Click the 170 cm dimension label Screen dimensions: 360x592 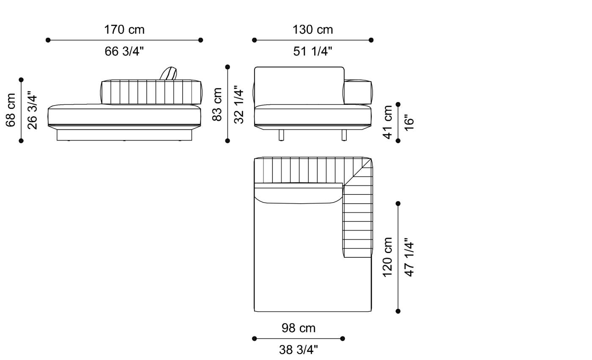tap(124, 30)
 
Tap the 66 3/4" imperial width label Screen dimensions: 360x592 tap(124, 52)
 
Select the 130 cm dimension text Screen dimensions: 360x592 tap(312, 30)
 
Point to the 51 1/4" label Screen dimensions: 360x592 tap(312, 52)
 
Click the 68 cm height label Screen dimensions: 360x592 tap(11, 110)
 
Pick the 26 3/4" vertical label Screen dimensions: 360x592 tap(32, 110)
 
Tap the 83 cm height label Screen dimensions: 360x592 tap(217, 104)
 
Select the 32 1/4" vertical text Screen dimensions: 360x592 tap(239, 104)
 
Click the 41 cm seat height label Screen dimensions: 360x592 tap(387, 122)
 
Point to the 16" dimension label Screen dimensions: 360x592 tap(409, 122)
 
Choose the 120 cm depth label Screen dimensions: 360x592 tap(387, 257)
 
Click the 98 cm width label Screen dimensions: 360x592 tap(299, 328)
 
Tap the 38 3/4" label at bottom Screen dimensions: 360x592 tap(299, 350)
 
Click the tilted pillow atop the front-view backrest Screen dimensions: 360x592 tap(168, 74)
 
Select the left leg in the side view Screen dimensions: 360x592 tap(281, 135)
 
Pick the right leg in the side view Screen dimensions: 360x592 tap(344, 135)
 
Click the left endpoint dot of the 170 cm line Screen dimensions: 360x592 tap(48, 40)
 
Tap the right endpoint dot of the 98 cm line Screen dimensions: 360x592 tap(343, 338)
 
